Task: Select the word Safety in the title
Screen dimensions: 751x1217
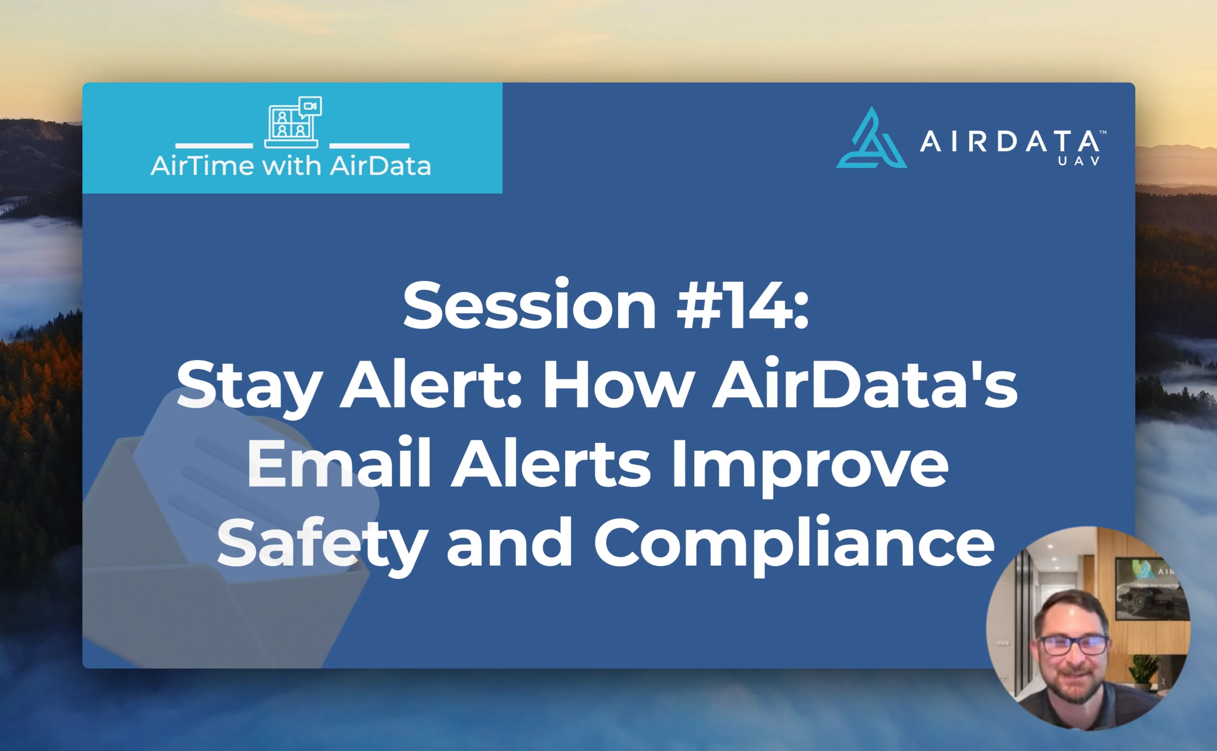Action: click(x=322, y=544)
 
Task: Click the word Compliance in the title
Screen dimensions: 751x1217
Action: click(x=794, y=544)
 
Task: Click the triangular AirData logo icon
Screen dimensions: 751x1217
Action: click(x=872, y=139)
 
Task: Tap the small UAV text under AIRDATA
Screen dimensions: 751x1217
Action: click(x=1079, y=161)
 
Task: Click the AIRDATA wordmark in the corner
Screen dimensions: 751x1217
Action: click(x=1010, y=142)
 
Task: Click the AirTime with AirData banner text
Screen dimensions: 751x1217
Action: click(x=291, y=165)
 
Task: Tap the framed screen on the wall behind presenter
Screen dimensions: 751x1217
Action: click(x=1149, y=589)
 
